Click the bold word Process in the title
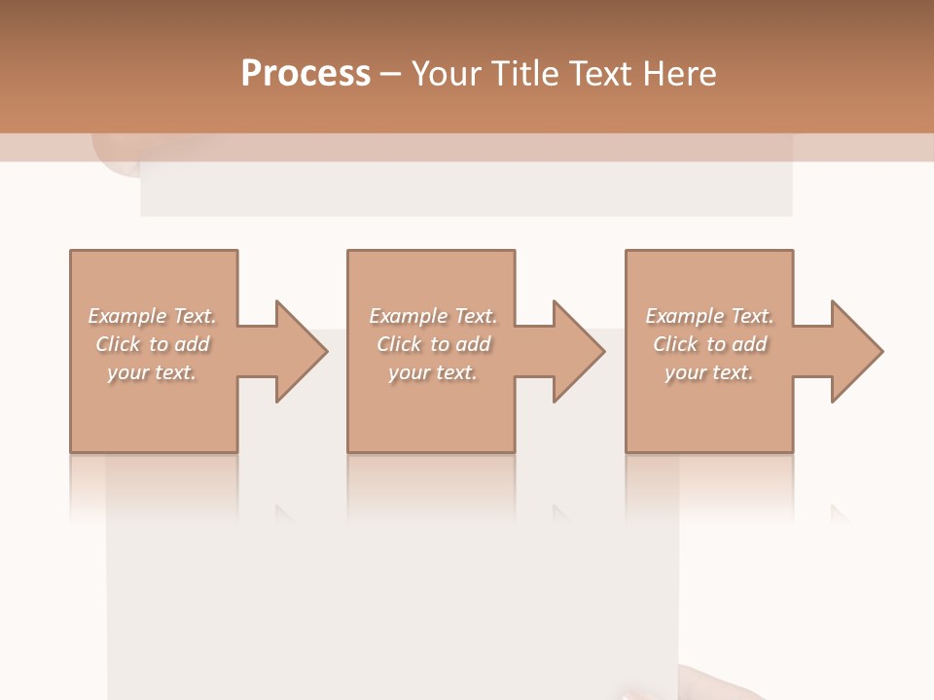click(x=305, y=74)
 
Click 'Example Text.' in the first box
click(x=152, y=316)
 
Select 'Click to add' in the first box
click(x=152, y=344)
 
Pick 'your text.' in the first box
click(x=152, y=372)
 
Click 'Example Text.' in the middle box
click(x=432, y=316)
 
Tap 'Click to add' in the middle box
click(x=432, y=344)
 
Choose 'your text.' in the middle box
click(x=432, y=372)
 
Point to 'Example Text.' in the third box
click(x=709, y=316)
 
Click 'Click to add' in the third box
click(x=709, y=344)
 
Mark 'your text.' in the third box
click(x=709, y=372)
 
